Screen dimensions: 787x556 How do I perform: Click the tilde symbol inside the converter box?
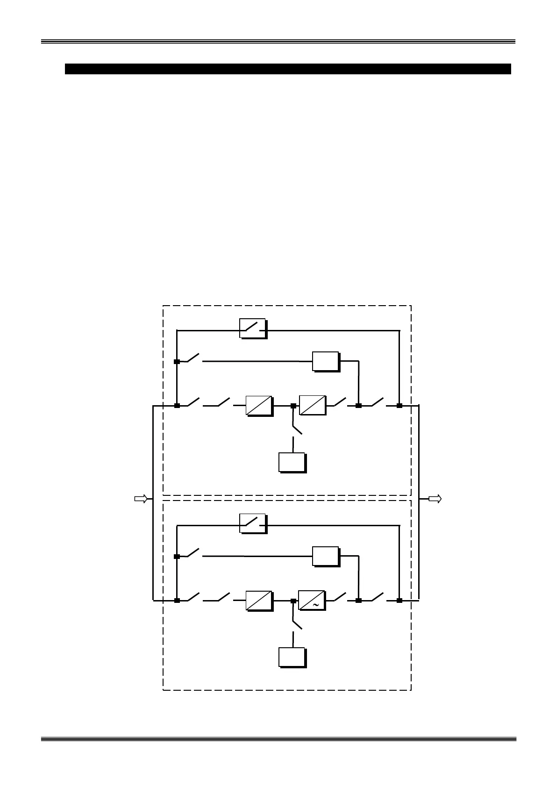(x=316, y=605)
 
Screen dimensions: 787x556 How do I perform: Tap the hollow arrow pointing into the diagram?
(x=141, y=499)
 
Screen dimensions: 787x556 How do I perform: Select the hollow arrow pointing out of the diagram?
(x=435, y=499)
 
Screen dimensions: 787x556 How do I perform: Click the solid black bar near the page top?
(x=287, y=69)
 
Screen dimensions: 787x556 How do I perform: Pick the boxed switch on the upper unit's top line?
(x=252, y=329)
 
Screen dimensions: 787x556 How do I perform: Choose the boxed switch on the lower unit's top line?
(x=252, y=523)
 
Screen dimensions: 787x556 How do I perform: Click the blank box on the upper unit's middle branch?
(x=325, y=361)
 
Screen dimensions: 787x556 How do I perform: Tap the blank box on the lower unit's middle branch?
(x=325, y=556)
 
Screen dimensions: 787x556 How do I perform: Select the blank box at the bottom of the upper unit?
(x=292, y=462)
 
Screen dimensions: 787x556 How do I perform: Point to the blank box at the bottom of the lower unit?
(x=292, y=657)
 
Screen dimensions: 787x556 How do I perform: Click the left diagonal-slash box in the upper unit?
(x=259, y=406)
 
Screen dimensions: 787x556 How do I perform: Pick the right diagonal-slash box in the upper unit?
(x=312, y=405)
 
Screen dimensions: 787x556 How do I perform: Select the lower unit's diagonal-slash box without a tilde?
(x=259, y=601)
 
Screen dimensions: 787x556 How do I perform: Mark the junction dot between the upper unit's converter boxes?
(x=293, y=406)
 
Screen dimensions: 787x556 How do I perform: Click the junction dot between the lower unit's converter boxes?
(x=293, y=601)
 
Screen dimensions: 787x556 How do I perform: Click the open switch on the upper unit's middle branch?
(x=193, y=358)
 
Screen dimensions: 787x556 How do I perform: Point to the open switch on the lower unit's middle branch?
(x=193, y=553)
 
